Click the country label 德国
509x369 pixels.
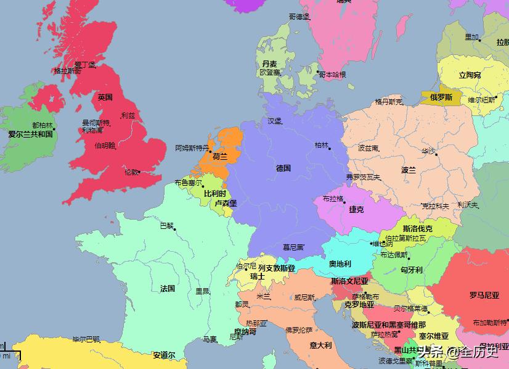pos(283,168)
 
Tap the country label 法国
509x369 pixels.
pos(168,288)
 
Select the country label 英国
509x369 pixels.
pos(105,97)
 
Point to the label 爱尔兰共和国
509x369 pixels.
pos(30,133)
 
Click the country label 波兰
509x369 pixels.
pos(409,170)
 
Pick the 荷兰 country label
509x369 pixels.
pos(220,157)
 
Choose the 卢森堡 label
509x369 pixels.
pos(226,203)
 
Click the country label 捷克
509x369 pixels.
pos(356,209)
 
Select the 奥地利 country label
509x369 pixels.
pos(340,263)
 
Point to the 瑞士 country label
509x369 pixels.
pos(257,276)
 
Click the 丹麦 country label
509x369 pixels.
pos(269,64)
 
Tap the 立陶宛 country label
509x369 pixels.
pos(470,75)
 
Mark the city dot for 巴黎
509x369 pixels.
pos(175,230)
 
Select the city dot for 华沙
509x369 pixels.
pos(437,154)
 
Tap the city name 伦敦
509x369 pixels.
pos(131,172)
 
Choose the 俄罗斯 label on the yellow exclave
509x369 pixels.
pos(441,97)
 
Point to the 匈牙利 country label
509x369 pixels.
pos(411,270)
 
